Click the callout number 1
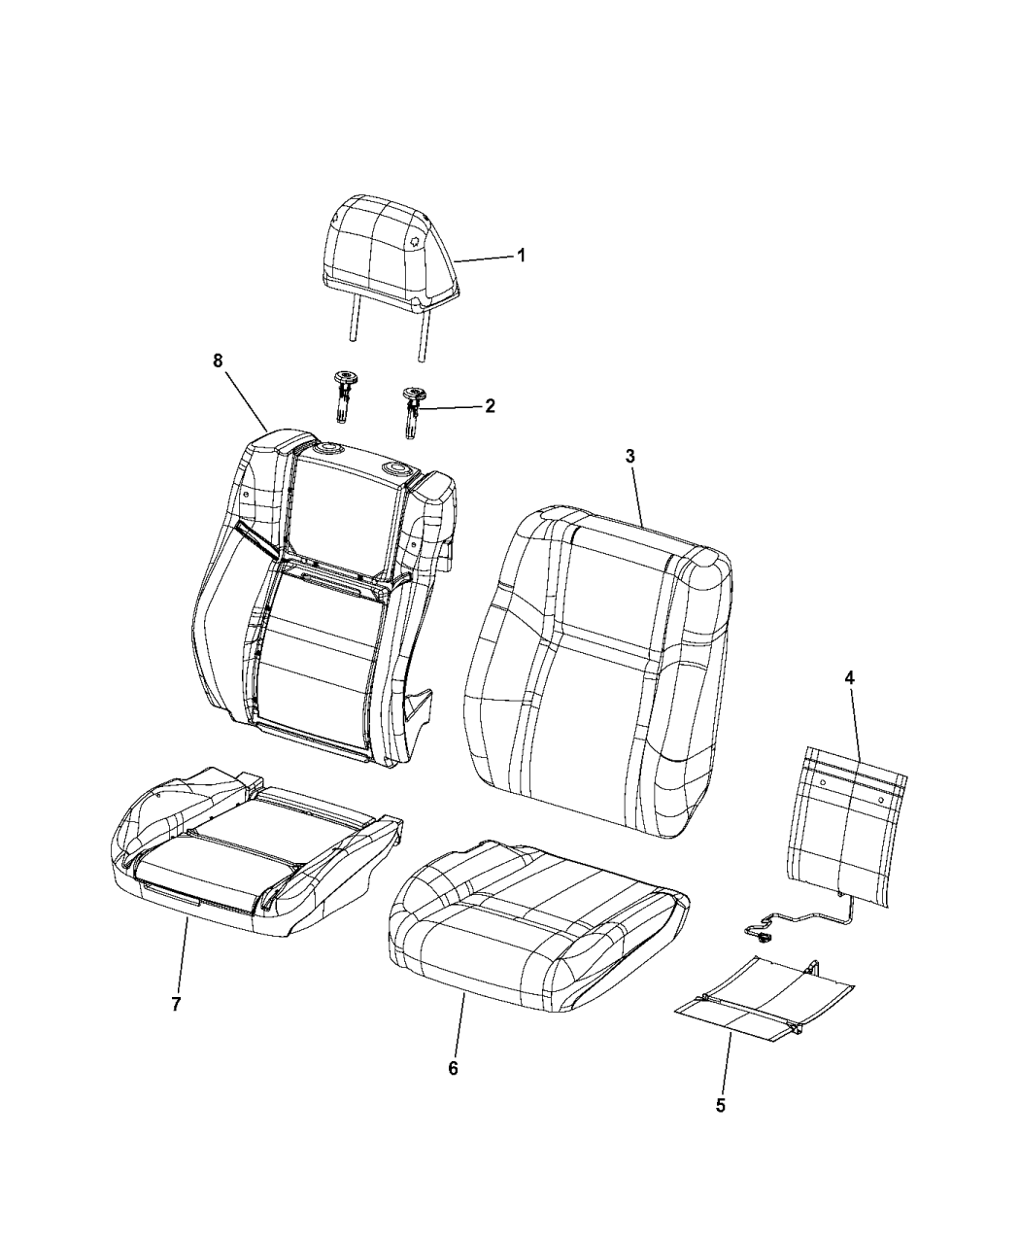coord(521,256)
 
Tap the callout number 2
coord(490,406)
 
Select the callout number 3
coord(629,457)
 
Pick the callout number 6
coord(454,1068)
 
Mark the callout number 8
coord(218,361)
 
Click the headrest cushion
coord(391,253)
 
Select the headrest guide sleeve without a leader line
coord(342,396)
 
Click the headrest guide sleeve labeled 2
coord(412,412)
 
